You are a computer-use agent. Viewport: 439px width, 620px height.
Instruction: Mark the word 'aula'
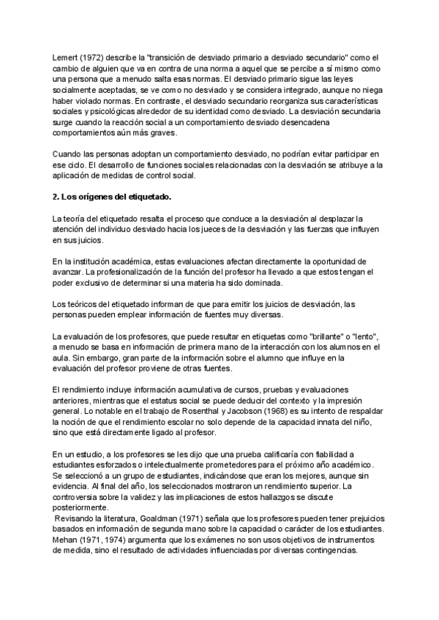(x=64, y=358)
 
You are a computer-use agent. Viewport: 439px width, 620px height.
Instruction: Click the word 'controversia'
(x=82, y=497)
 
